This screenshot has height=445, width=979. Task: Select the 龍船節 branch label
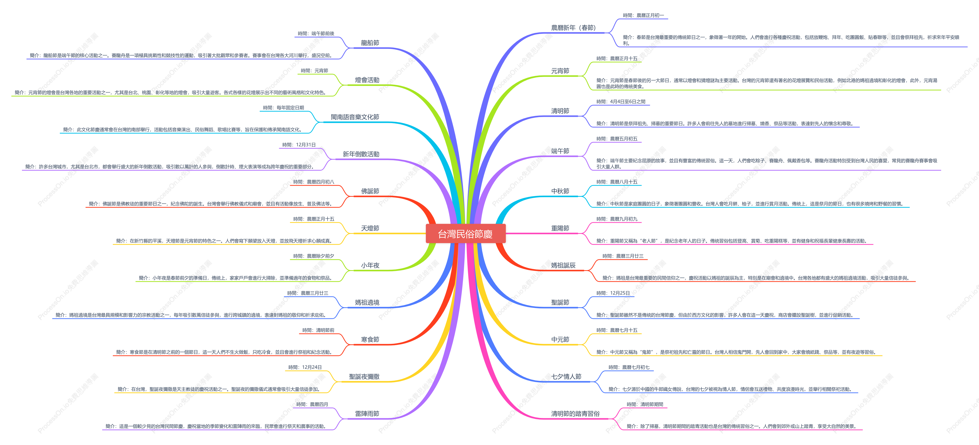click(x=370, y=43)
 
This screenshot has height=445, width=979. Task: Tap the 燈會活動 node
click(x=367, y=80)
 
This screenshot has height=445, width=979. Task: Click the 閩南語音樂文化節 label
click(x=355, y=117)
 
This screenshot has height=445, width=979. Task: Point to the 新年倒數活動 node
click(x=361, y=154)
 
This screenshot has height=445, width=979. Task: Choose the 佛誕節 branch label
click(x=370, y=191)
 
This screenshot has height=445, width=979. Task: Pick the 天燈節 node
click(x=370, y=228)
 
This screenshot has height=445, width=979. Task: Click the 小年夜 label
click(x=370, y=265)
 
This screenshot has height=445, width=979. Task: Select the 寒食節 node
click(x=370, y=339)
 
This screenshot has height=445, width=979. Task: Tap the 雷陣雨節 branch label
click(x=367, y=413)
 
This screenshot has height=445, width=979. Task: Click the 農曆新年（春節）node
click(x=573, y=28)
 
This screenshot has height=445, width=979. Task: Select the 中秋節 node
click(x=560, y=191)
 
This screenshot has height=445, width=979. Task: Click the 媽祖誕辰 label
click(x=563, y=265)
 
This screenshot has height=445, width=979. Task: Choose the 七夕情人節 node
click(x=566, y=377)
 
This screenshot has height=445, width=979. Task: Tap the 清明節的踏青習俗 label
click(x=575, y=413)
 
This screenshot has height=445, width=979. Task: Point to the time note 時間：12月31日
click(x=299, y=145)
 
